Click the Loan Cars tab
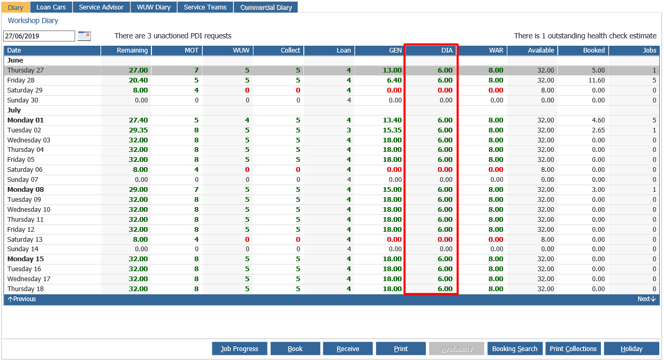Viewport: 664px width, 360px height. (x=51, y=7)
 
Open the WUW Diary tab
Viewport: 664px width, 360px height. (x=154, y=7)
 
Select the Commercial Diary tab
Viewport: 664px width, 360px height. (x=266, y=7)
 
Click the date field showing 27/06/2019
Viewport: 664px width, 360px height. (x=39, y=36)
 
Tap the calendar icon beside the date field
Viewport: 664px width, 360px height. (x=84, y=36)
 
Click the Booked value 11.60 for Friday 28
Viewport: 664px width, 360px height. (x=597, y=80)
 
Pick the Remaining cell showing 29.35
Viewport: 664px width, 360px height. (x=138, y=130)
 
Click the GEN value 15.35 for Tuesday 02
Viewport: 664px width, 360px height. (x=392, y=130)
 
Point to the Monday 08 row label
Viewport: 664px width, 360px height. (x=25, y=190)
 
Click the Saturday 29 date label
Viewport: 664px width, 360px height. (x=25, y=90)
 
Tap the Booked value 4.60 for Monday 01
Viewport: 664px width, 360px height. (x=598, y=120)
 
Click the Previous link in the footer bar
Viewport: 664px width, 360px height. (x=22, y=299)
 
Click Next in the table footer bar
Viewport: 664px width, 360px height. (x=647, y=299)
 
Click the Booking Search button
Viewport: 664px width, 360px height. (x=515, y=349)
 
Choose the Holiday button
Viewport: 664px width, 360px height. (x=631, y=349)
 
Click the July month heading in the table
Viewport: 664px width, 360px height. (x=14, y=110)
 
